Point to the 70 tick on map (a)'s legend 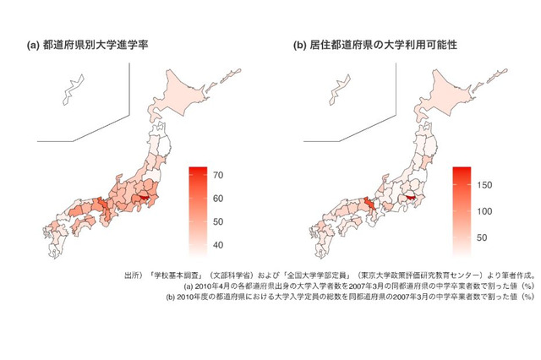[216, 176]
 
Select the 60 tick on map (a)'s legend [216, 199]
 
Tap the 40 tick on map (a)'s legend [216, 245]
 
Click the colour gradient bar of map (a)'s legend [199, 210]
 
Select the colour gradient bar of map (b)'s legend [462, 210]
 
